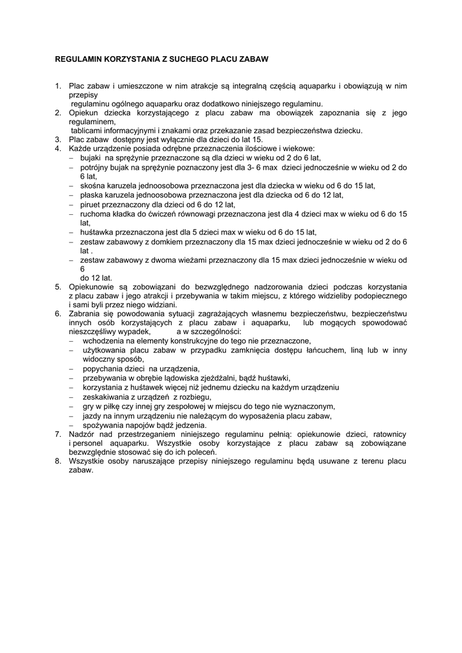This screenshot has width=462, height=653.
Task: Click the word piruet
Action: pos(94,205)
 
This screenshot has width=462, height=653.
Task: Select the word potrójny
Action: pos(96,167)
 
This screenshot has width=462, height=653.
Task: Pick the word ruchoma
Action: pos(96,214)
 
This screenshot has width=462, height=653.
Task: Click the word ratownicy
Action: pos(388,434)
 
